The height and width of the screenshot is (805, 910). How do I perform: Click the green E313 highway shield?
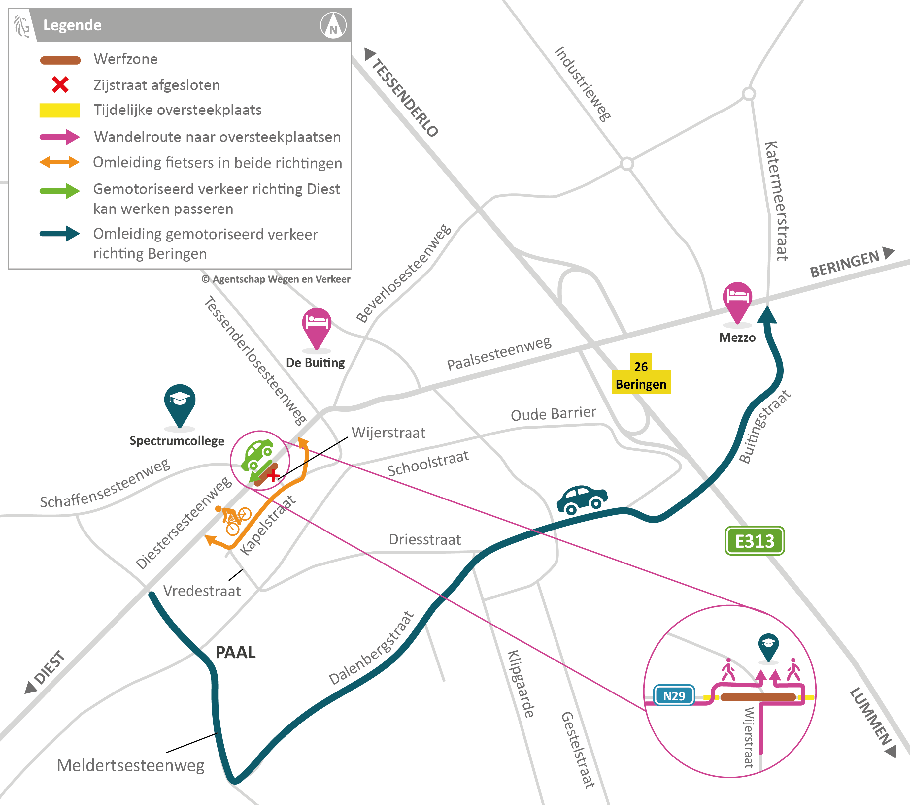(755, 541)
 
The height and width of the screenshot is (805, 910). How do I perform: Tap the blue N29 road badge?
(674, 695)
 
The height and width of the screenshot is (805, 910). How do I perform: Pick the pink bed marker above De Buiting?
(317, 325)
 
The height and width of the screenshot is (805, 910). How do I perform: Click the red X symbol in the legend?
(60, 84)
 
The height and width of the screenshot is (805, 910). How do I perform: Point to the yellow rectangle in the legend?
(60, 110)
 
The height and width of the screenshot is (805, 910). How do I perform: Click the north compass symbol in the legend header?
(333, 25)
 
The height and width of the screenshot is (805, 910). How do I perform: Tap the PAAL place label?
(236, 652)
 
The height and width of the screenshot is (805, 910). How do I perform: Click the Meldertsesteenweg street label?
(130, 766)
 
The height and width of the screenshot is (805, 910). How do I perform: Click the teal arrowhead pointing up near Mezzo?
(767, 315)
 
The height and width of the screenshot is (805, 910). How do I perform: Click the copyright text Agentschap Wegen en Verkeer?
(276, 279)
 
